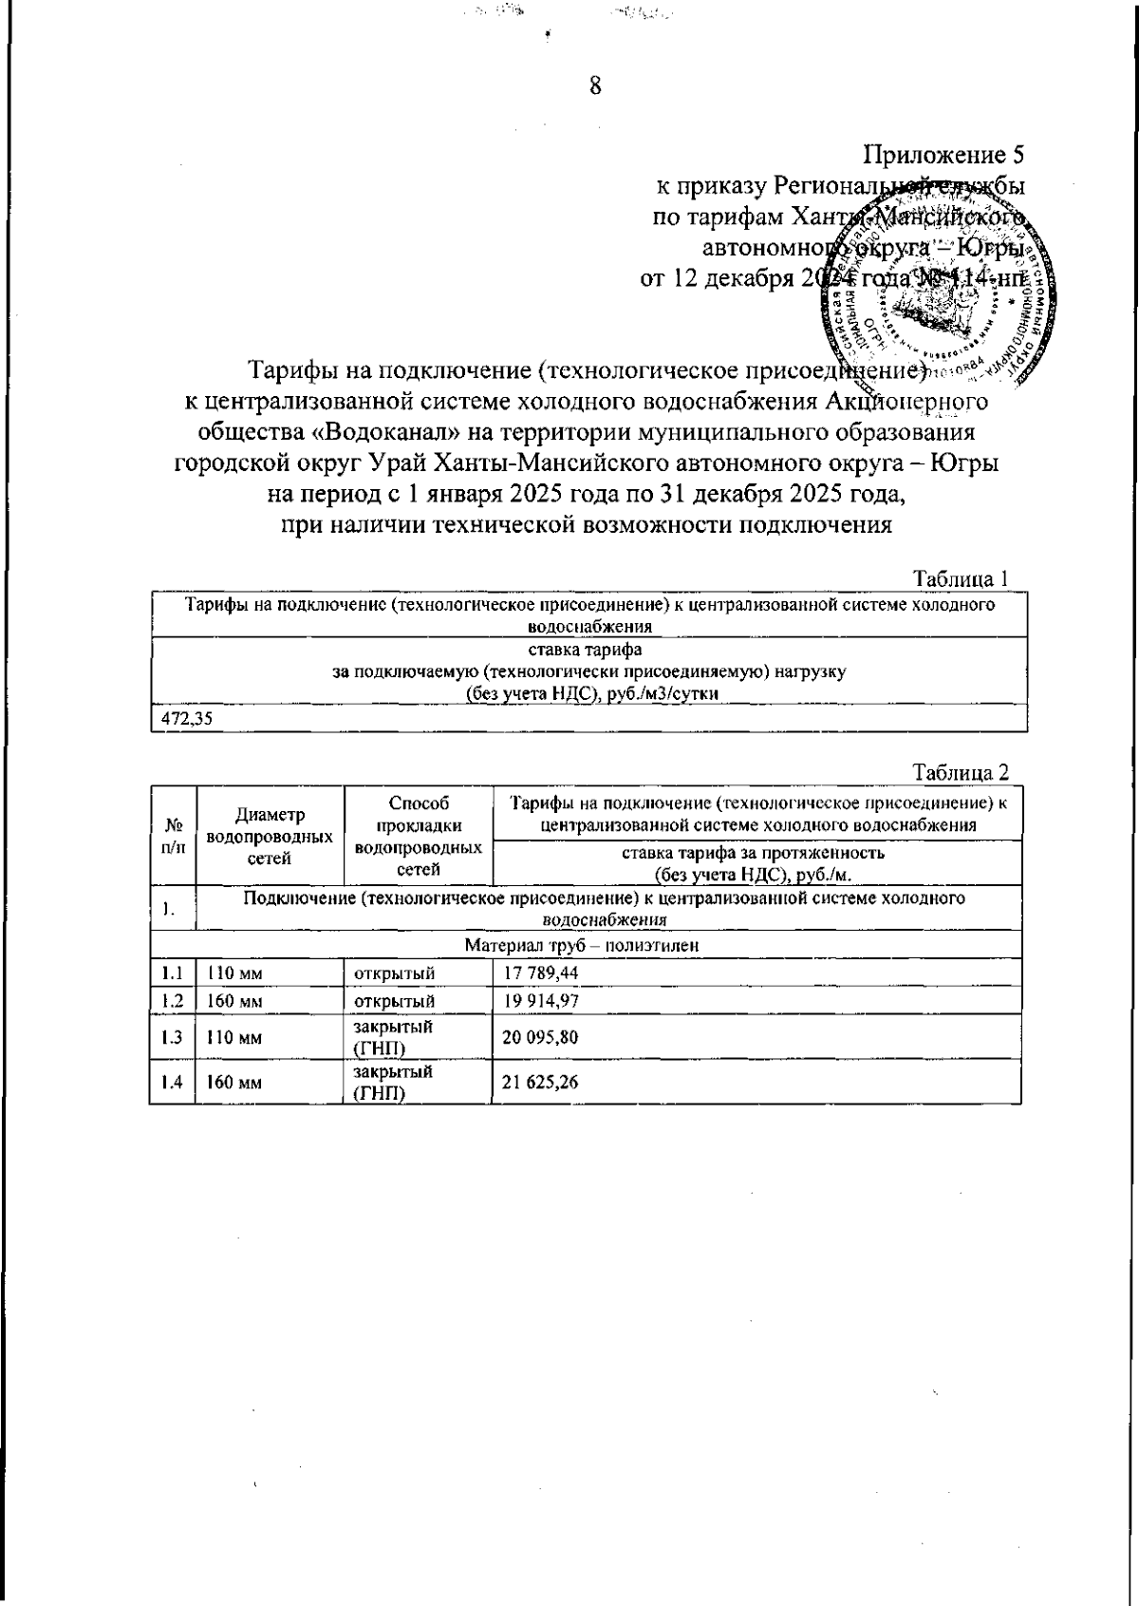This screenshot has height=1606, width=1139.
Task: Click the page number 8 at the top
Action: (x=595, y=86)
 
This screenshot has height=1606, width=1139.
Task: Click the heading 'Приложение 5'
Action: (x=943, y=155)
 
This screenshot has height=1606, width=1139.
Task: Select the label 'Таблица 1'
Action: (x=960, y=578)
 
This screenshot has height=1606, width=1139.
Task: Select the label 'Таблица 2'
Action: (x=960, y=771)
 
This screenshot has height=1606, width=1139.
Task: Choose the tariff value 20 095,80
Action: (x=540, y=1037)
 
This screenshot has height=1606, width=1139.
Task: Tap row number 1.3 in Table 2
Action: (x=172, y=1037)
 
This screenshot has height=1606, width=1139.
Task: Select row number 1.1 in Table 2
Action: (x=172, y=973)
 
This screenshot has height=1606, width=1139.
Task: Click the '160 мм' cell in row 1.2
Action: (x=234, y=1001)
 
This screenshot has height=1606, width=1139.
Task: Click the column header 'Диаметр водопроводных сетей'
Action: (x=270, y=837)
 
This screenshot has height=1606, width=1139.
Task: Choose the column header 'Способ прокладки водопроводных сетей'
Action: (x=418, y=837)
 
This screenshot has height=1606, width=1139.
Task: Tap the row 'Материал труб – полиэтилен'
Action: (x=584, y=946)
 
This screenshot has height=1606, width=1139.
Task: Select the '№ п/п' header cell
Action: (x=173, y=837)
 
